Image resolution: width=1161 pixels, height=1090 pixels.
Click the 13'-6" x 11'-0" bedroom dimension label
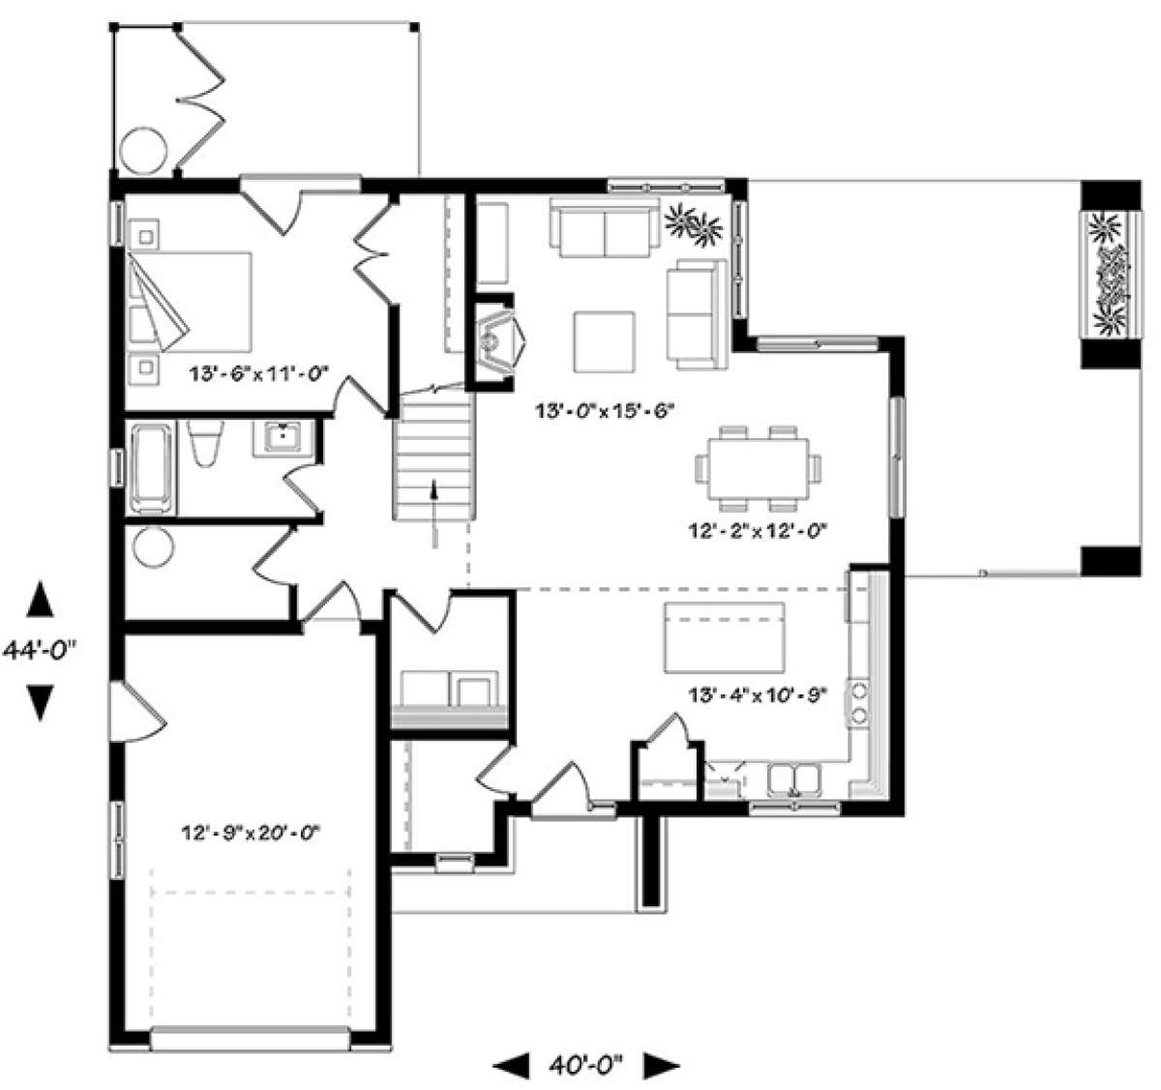(x=259, y=372)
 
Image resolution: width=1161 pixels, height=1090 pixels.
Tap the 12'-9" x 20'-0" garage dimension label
(x=252, y=833)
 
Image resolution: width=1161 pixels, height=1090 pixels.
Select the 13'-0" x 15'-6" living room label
(x=605, y=411)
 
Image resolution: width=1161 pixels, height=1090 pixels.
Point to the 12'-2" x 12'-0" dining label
(x=758, y=531)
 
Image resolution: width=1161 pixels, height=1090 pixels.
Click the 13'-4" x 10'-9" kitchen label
(x=758, y=695)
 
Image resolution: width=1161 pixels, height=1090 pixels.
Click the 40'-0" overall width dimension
(x=585, y=1063)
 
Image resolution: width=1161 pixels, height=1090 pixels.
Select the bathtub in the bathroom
(x=152, y=468)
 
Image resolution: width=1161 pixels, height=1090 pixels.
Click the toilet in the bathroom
(x=205, y=442)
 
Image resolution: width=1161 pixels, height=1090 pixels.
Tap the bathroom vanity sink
(x=283, y=437)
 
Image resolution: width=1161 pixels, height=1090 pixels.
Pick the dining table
(x=759, y=469)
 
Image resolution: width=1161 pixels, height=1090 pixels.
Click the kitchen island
(x=725, y=638)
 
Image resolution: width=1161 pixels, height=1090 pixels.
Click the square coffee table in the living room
(x=605, y=342)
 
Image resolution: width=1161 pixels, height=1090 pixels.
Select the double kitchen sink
(x=794, y=780)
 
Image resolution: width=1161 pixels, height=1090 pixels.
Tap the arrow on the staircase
(x=433, y=514)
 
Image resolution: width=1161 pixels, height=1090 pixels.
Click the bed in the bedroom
(x=189, y=302)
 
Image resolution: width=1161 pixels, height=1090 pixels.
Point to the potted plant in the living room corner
(x=695, y=224)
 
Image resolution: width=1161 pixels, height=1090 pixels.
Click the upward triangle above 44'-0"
(x=40, y=599)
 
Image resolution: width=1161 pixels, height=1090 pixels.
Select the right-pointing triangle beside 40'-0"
(x=662, y=1065)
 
